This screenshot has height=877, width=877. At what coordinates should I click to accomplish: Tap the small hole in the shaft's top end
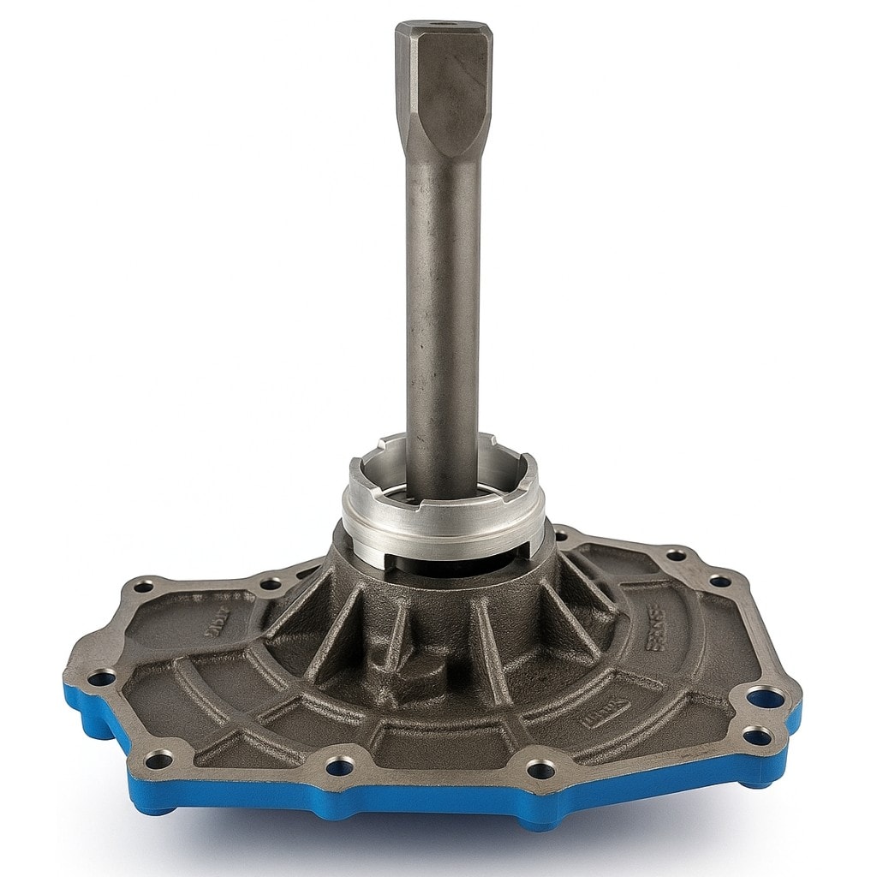point(439,27)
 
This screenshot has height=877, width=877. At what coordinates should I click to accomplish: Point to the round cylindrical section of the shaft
point(442,325)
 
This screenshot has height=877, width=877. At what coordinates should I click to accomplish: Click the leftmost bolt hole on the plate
point(101,678)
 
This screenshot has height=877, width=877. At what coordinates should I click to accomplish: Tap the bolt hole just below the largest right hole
point(756,736)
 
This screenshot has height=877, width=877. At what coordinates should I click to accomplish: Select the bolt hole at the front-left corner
point(158,758)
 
